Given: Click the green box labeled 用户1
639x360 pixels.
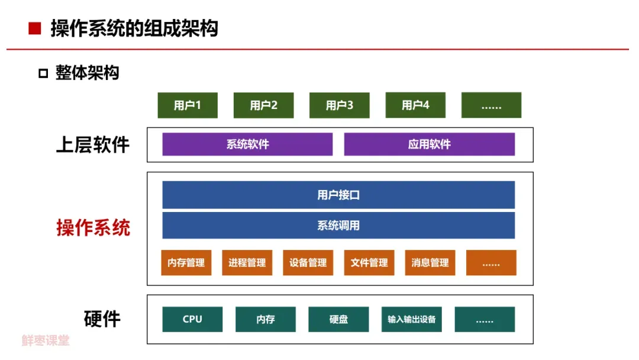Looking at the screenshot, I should [x=188, y=105].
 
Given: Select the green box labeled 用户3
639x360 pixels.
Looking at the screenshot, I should [x=340, y=105].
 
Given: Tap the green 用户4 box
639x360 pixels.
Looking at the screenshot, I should [x=415, y=105].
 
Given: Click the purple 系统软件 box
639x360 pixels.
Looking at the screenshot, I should [x=247, y=144].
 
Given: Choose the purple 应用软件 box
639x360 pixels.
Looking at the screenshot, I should [x=429, y=144].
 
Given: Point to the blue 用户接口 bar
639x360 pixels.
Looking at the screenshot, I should [x=338, y=195].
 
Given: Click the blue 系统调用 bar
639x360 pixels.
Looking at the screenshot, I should [x=338, y=226].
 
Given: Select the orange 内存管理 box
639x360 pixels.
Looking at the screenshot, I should [x=186, y=263].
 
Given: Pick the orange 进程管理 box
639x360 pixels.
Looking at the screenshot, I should [x=247, y=263].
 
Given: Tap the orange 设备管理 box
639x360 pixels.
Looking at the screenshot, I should [x=308, y=263].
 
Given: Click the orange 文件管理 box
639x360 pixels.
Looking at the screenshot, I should [x=369, y=263].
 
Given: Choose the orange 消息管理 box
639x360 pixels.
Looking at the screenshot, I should [x=430, y=263].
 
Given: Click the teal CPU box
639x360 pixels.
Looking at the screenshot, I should [x=192, y=319].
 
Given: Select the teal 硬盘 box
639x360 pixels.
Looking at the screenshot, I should [x=338, y=319].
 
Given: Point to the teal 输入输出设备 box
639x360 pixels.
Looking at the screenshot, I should [x=412, y=319].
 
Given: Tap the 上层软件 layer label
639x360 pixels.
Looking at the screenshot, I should [x=93, y=145].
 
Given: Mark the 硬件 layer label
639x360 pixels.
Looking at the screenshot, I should [x=102, y=319].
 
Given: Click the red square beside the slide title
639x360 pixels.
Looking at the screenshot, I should [x=35, y=28].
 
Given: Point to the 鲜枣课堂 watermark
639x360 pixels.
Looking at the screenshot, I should [x=46, y=341].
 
